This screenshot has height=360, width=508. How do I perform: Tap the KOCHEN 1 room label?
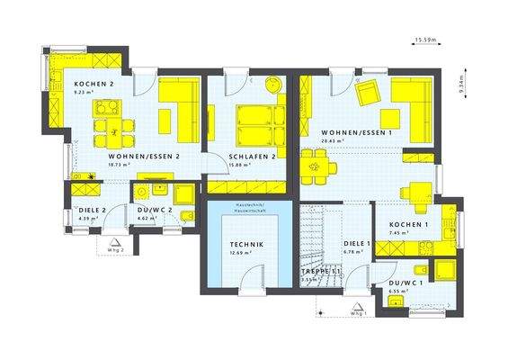[x=407, y=223]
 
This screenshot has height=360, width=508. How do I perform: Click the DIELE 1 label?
[x=357, y=243]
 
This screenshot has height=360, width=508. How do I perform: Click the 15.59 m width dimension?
[x=425, y=40]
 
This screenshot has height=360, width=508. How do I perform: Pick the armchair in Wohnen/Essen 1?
[x=366, y=91]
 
